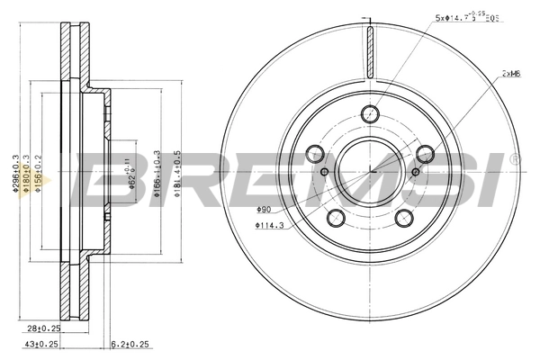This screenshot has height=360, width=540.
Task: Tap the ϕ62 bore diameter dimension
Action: point(130,167)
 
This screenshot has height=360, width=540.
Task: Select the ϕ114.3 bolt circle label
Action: point(270,225)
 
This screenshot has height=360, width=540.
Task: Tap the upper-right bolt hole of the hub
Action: point(425,152)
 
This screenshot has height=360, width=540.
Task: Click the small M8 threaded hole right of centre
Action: point(415,172)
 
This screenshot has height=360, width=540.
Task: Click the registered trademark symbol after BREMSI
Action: point(514,158)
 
